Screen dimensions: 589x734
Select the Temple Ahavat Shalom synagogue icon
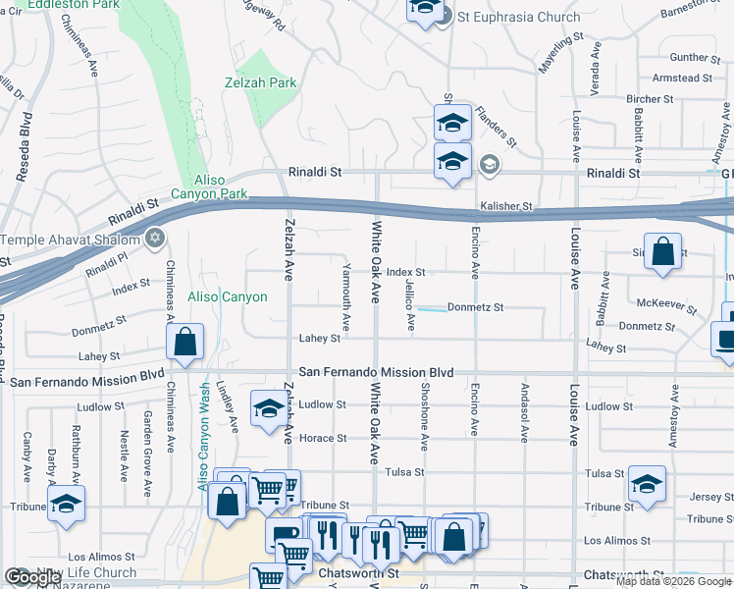pyautogui.click(x=154, y=239)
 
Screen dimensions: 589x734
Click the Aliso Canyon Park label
pyautogui.click(x=209, y=187)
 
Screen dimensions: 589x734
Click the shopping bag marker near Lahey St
pyautogui.click(x=184, y=343)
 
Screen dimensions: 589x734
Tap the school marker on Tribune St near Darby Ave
pyautogui.click(x=66, y=504)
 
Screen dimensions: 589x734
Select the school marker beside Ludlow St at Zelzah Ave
pyautogui.click(x=268, y=409)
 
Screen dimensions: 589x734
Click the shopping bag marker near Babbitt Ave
pyautogui.click(x=663, y=250)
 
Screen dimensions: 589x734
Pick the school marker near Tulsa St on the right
pyautogui.click(x=647, y=483)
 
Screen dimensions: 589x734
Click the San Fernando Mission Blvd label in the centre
pyautogui.click(x=377, y=373)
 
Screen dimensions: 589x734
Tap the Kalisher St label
pyautogui.click(x=505, y=207)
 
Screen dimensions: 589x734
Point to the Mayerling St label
pyautogui.click(x=560, y=56)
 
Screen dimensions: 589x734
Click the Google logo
pyautogui.click(x=32, y=577)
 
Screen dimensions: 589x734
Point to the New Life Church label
pyautogui.click(x=86, y=573)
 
